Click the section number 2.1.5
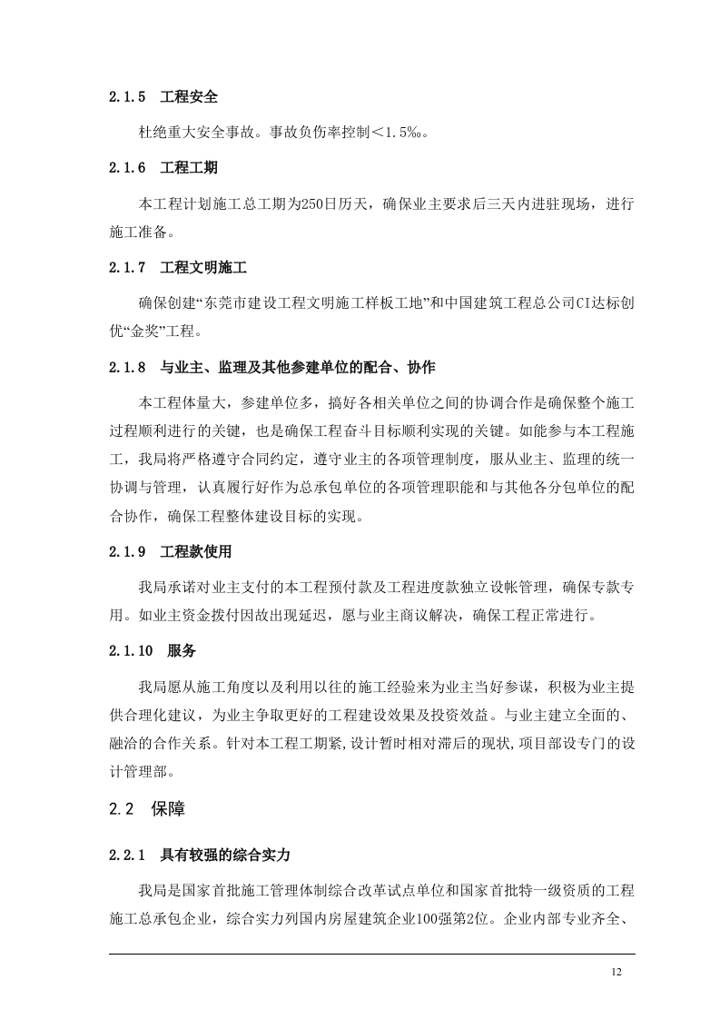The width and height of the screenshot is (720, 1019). [126, 97]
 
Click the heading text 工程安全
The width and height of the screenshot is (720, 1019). [188, 97]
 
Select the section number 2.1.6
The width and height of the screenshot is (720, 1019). [126, 169]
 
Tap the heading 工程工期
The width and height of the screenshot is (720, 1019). [188, 169]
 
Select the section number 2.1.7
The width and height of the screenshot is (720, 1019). [126, 269]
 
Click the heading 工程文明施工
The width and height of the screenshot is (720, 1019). [203, 269]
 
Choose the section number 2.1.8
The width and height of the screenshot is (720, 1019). [126, 368]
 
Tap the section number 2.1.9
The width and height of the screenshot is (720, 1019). [126, 551]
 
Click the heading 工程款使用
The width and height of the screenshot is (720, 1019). [196, 551]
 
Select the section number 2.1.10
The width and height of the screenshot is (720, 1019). [130, 651]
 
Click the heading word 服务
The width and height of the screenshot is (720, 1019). [182, 651]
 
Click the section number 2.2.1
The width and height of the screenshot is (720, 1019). [126, 855]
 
